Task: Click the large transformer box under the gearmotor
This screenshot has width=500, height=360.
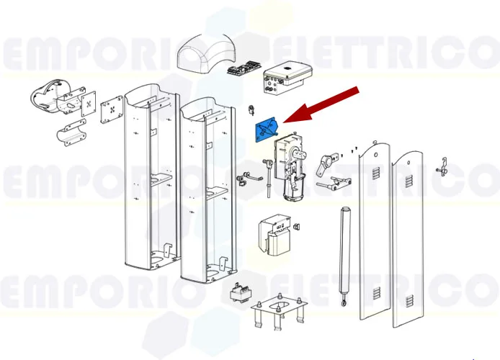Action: tap(274, 234)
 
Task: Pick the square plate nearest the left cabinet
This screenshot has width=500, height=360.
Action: tap(112, 112)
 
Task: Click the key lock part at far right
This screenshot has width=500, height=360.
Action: tap(447, 168)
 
